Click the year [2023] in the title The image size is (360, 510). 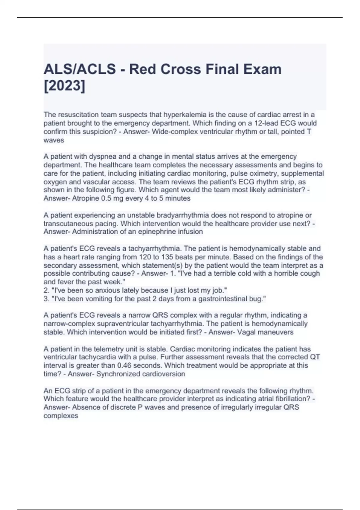tap(64, 86)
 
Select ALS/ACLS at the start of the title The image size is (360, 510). tap(80, 69)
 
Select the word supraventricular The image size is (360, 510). tap(118, 324)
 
